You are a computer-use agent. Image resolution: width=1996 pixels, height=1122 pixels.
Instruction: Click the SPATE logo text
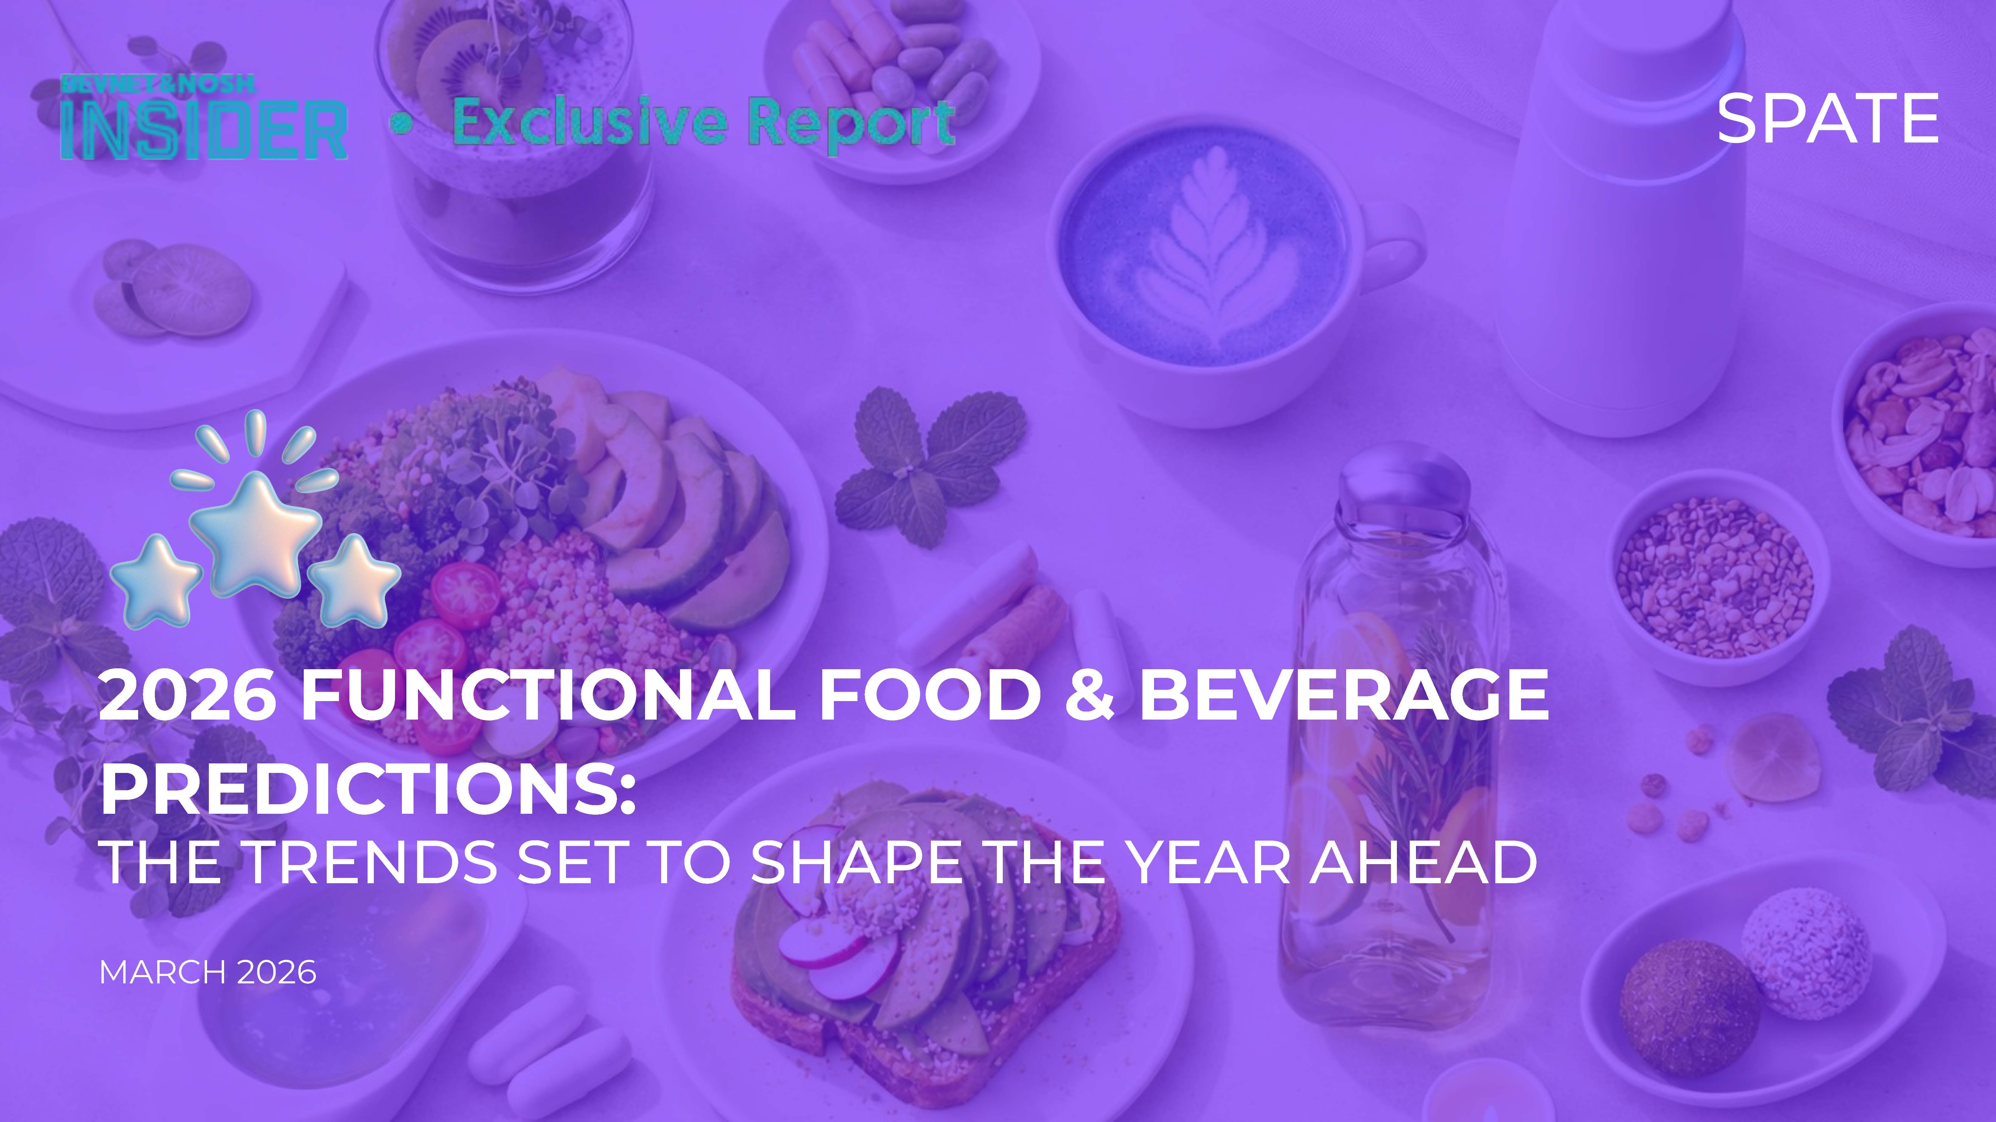pos(1827,118)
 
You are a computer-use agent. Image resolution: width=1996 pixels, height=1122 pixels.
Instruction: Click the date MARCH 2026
pos(208,973)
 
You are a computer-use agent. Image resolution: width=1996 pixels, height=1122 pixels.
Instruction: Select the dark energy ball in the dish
pos(1689,1007)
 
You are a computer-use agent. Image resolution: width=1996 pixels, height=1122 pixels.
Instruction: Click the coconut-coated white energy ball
pos(1805,952)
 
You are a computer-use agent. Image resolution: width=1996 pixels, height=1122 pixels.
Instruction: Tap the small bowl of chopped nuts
pos(1716,577)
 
